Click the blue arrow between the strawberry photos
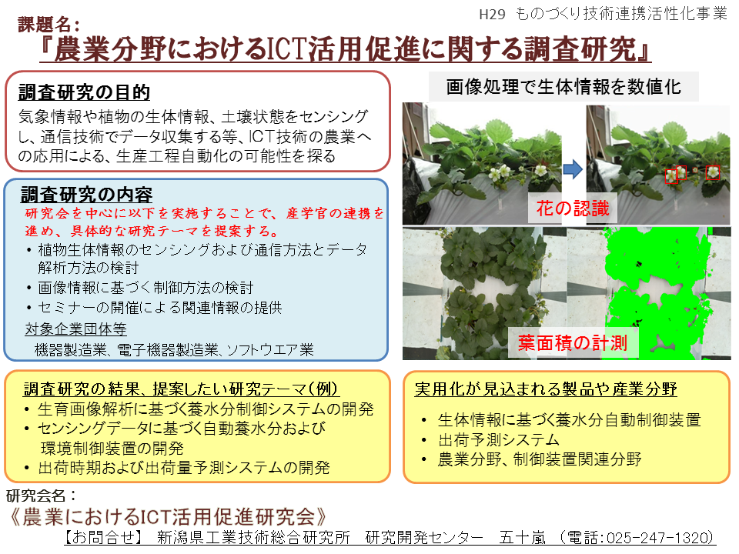click(573, 169)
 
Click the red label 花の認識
click(573, 209)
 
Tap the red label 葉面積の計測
click(573, 343)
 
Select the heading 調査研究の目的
click(85, 92)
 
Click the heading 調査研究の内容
click(86, 194)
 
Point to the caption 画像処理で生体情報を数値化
click(563, 87)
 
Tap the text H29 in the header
click(492, 15)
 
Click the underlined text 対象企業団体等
click(76, 329)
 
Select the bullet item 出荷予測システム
click(499, 439)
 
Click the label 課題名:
click(48, 24)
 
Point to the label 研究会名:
click(41, 496)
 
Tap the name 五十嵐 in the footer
click(522, 538)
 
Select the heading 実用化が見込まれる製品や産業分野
click(546, 389)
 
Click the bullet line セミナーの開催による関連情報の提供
click(160, 308)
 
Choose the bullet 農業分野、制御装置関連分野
click(540, 459)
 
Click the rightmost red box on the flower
click(713, 172)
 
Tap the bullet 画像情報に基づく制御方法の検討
click(145, 287)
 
